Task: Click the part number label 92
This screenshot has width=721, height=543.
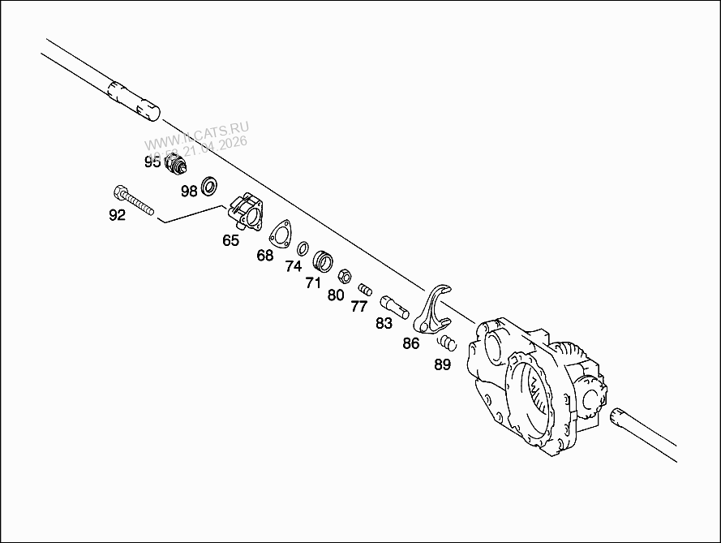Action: pyautogui.click(x=117, y=215)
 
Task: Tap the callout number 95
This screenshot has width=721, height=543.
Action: pyautogui.click(x=152, y=162)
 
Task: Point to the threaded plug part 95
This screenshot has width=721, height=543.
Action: pyautogui.click(x=175, y=166)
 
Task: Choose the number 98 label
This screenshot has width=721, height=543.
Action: pyautogui.click(x=189, y=192)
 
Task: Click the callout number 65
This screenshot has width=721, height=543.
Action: pyautogui.click(x=231, y=240)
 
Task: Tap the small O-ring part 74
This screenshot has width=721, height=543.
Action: pyautogui.click(x=303, y=248)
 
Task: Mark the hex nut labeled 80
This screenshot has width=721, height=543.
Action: pyautogui.click(x=344, y=275)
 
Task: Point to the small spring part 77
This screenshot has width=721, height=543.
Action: pyautogui.click(x=365, y=287)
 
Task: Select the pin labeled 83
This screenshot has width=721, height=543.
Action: pyautogui.click(x=393, y=307)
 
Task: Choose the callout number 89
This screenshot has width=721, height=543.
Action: pyautogui.click(x=442, y=364)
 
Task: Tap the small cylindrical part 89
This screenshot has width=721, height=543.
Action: pyautogui.click(x=448, y=343)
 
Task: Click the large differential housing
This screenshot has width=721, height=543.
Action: pyautogui.click(x=535, y=381)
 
